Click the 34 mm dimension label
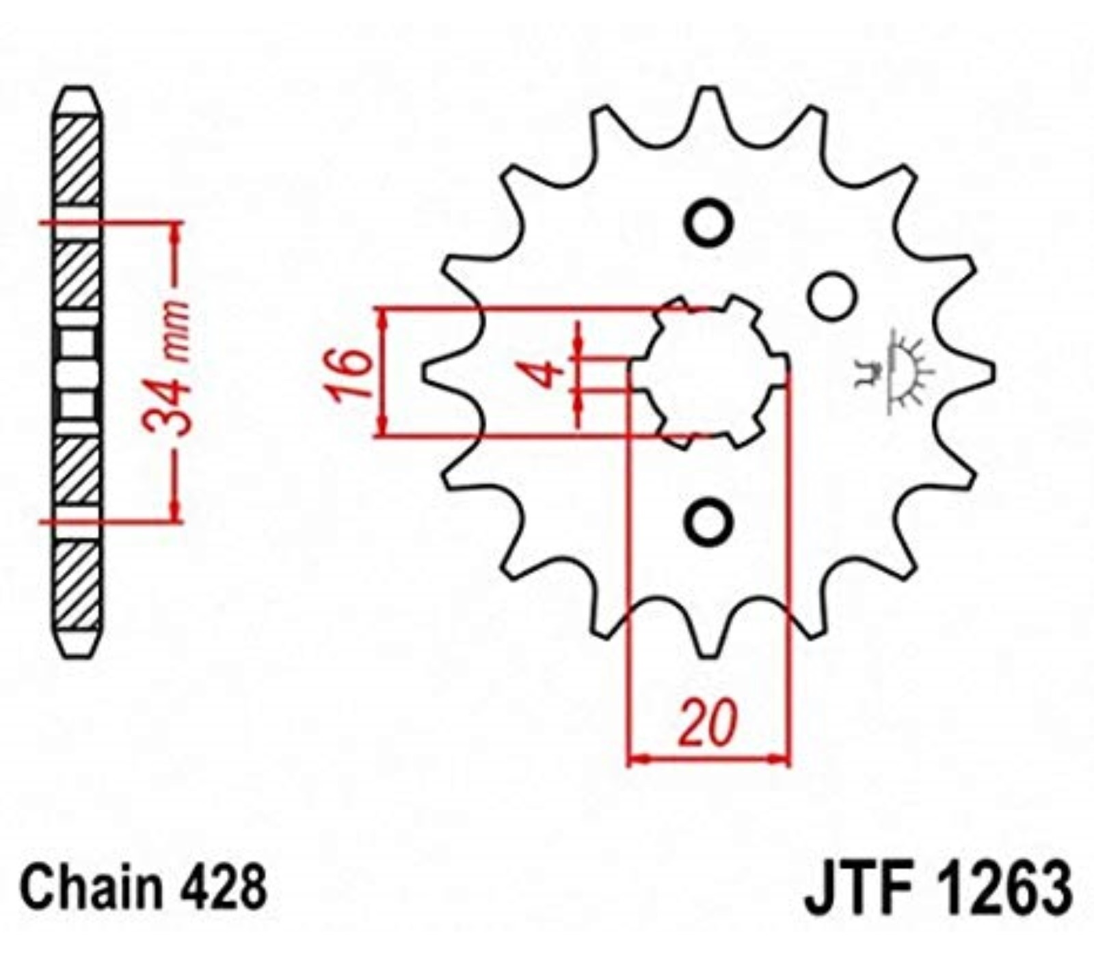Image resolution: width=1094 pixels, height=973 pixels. (166, 369)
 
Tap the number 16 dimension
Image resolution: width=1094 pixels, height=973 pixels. (349, 373)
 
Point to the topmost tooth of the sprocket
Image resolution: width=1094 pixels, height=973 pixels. (708, 102)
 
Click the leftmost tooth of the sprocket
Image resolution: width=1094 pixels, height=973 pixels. (434, 373)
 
